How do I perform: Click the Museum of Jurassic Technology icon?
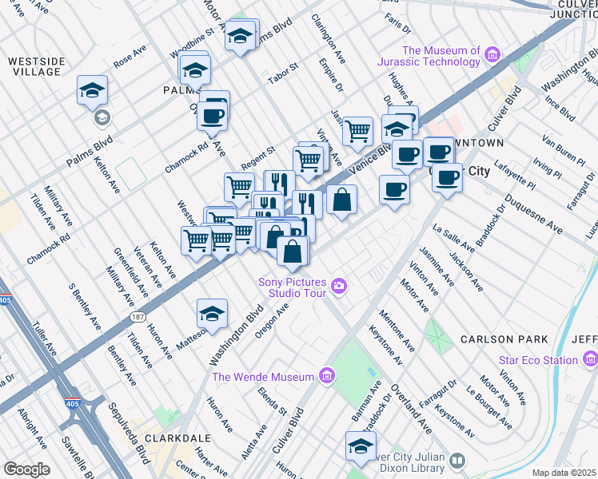pos(492,55)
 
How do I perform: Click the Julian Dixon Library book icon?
pos(457,461)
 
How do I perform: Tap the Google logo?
pos(26,469)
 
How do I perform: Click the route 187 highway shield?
pos(138,318)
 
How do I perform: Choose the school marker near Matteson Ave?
pos(212,314)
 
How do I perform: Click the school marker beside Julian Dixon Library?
pos(361,445)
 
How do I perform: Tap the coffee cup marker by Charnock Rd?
pos(213,113)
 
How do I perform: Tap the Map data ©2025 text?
pos(564,473)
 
